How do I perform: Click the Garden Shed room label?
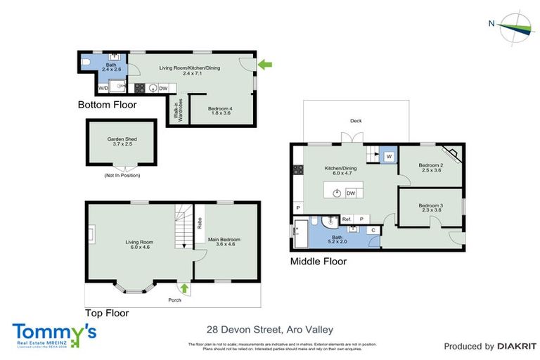tap(122, 142)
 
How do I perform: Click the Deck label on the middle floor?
tap(356, 121)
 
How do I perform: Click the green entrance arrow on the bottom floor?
tap(264, 65)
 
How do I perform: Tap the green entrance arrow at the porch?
tap(184, 288)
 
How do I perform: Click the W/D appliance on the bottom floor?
tap(103, 89)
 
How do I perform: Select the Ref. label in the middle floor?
tap(347, 219)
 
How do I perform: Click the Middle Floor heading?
tap(319, 262)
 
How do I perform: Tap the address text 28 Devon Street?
tap(269, 328)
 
